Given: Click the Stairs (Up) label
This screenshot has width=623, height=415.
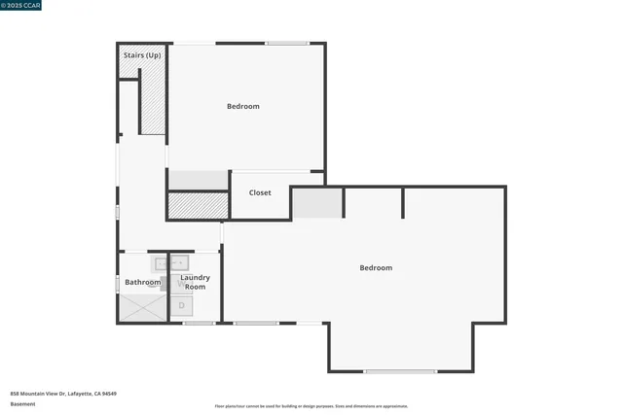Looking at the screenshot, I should [142, 55].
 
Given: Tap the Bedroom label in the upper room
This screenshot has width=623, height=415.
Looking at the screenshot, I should [243, 106].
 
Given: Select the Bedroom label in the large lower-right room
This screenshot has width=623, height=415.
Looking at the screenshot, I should [376, 267].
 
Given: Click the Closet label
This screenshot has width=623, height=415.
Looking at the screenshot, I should [260, 192].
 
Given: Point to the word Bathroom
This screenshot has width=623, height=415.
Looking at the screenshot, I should [142, 282].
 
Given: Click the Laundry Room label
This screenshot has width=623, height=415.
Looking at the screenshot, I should [195, 282].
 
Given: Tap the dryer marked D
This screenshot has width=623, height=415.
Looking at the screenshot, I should [180, 306].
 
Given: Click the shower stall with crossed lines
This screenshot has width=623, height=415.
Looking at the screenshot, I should [142, 307].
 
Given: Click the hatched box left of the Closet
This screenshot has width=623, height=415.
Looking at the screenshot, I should [197, 205].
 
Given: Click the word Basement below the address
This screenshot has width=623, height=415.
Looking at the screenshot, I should [21, 403].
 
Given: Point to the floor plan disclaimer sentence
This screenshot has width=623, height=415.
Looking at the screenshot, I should [311, 406].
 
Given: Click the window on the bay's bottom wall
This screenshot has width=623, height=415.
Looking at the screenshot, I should [400, 371].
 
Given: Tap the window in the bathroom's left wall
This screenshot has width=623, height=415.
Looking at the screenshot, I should [118, 284].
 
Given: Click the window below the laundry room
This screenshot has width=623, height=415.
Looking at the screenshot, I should [199, 323].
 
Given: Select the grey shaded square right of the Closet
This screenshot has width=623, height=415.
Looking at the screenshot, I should [317, 203].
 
